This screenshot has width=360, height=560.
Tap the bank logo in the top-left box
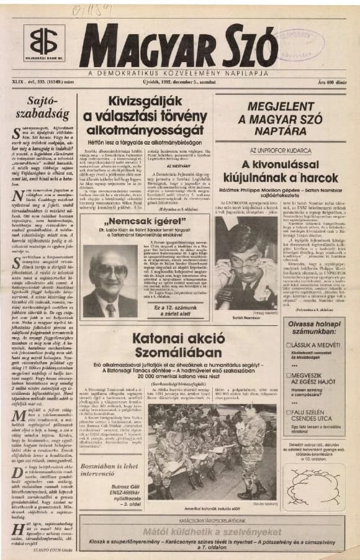tap(44, 42)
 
